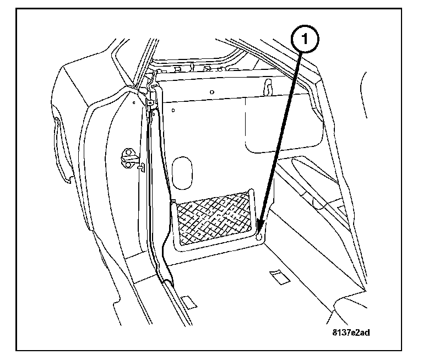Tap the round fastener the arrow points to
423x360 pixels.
[259, 235]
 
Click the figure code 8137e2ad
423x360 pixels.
[351, 331]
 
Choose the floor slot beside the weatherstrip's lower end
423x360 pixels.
[189, 301]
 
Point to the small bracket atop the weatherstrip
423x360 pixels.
[150, 97]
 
